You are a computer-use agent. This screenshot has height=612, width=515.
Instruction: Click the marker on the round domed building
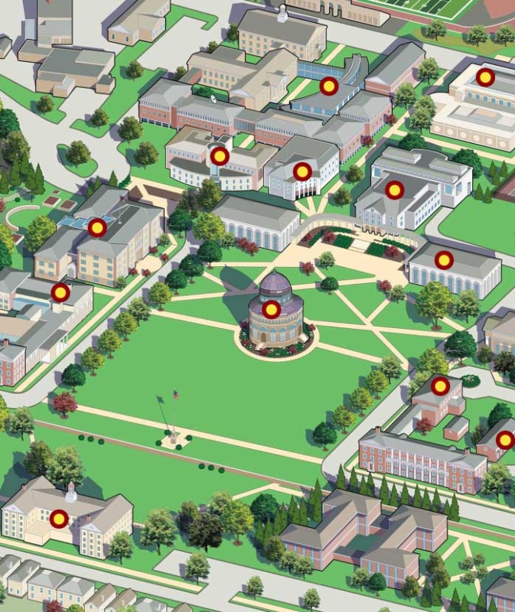coord(271,309)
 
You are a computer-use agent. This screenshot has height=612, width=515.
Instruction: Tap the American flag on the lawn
coord(175,395)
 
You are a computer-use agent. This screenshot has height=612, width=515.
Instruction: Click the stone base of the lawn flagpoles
coord(172,441)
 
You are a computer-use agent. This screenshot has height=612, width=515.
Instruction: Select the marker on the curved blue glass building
coord(328,86)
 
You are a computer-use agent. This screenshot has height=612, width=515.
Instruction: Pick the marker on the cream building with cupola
coord(59,519)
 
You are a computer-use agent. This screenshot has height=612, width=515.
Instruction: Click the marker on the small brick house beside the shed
coord(439,386)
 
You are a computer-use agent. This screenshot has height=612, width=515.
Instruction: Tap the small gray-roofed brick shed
coord(456,427)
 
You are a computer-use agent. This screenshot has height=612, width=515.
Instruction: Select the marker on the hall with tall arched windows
coord(443,260)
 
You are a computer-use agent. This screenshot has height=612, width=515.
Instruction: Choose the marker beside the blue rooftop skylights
coord(96,227)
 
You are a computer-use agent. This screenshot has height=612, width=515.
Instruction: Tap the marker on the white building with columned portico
coord(302,171)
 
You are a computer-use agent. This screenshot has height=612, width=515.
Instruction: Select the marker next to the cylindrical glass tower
coord(220,156)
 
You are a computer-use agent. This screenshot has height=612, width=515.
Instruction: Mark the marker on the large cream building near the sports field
coord(485,76)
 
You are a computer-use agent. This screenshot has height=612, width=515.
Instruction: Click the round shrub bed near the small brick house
coord(469,380)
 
